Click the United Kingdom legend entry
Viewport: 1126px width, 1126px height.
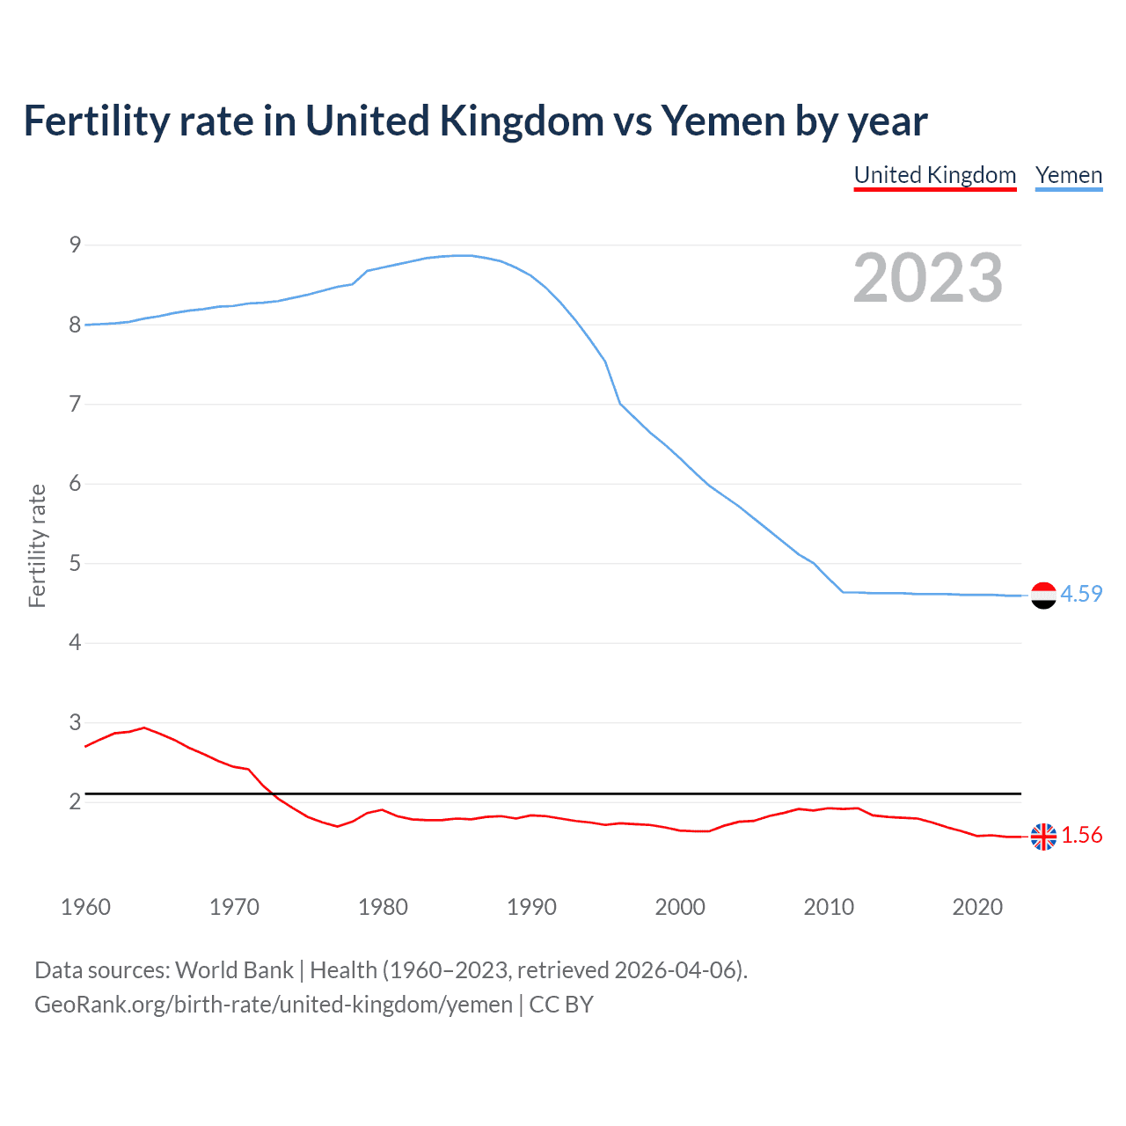(935, 175)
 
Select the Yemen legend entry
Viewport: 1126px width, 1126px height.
(1068, 175)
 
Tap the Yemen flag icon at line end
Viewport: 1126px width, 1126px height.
(1043, 596)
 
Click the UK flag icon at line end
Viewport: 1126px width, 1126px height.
(1043, 837)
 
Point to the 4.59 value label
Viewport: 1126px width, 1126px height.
(1081, 595)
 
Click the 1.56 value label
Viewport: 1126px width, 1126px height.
(1081, 836)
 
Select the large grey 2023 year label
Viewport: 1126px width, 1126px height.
(928, 278)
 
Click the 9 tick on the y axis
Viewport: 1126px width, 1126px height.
(76, 245)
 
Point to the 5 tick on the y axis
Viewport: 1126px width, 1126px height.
(76, 563)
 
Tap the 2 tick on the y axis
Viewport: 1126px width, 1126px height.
(76, 802)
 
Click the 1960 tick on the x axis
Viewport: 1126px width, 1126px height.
(85, 907)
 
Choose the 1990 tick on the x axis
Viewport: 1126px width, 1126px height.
(531, 907)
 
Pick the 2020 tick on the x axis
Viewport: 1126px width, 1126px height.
(977, 907)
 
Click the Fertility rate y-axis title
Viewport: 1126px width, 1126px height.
(37, 545)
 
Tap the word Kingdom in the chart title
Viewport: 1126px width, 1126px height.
(522, 121)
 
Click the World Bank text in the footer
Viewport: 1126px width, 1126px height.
(234, 970)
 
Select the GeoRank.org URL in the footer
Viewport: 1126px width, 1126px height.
(273, 1005)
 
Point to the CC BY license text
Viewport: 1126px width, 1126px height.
(561, 1005)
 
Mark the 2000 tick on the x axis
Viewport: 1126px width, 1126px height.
(680, 907)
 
